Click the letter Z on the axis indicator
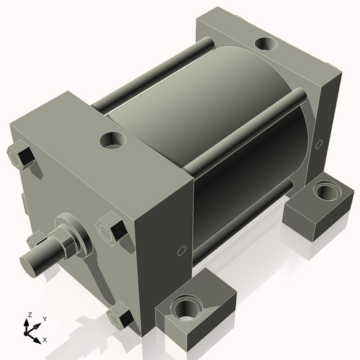click(29, 315)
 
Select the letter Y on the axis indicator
click(45, 318)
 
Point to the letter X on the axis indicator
click(45, 338)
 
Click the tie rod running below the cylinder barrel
click(245, 216)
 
